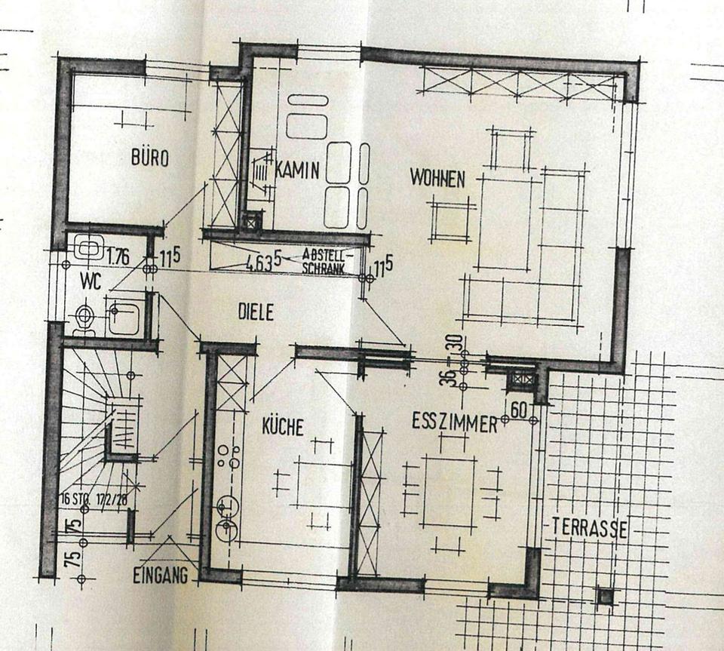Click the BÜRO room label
click(149, 158)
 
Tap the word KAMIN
click(299, 170)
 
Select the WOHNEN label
click(437, 179)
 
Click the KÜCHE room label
click(282, 428)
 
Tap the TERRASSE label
click(589, 527)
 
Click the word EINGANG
click(159, 577)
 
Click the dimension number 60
click(517, 410)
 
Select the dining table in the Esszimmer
click(449, 492)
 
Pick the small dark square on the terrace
click(605, 597)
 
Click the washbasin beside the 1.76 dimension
click(88, 249)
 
